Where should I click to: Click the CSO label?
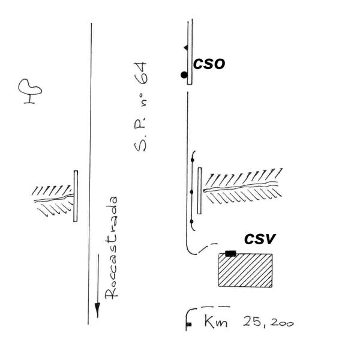(x=209, y=64)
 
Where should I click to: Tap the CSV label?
(x=259, y=239)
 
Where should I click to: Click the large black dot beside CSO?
(x=184, y=74)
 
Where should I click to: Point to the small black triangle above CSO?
(x=186, y=47)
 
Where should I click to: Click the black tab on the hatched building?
(x=230, y=253)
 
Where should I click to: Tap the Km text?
(x=214, y=323)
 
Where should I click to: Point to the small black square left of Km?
(x=188, y=325)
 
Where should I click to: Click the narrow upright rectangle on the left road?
(x=76, y=196)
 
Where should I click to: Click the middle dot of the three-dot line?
(x=191, y=192)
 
